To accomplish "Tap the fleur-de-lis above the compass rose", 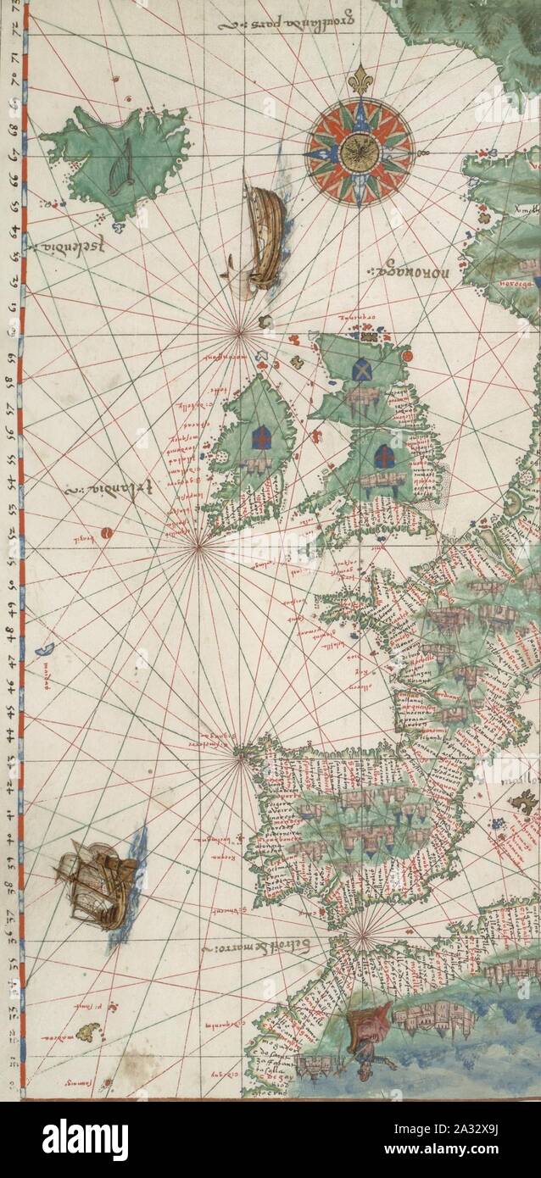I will [360, 79].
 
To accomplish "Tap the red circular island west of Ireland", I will [108, 533].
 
